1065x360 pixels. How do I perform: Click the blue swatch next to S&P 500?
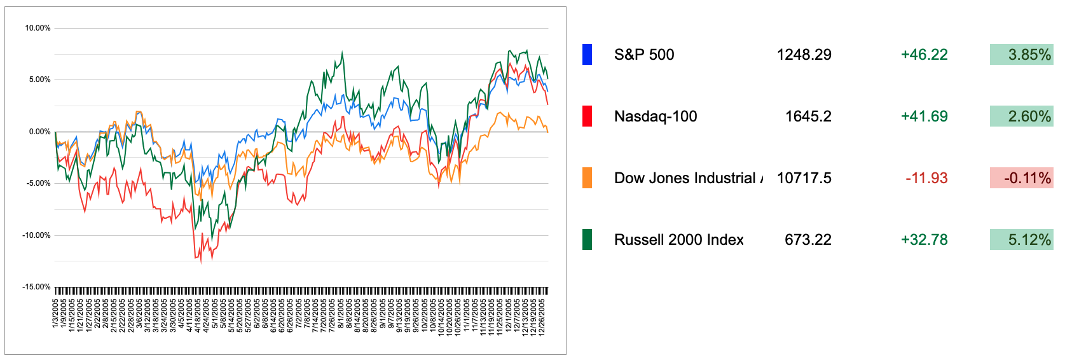[587, 55]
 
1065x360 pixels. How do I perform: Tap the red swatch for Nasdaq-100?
[587, 116]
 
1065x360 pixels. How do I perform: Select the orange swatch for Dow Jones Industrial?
[587, 178]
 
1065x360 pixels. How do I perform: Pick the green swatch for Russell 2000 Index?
[587, 240]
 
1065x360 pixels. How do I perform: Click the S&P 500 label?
[643, 55]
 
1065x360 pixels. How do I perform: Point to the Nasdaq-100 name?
[655, 116]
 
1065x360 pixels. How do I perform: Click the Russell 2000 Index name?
[678, 240]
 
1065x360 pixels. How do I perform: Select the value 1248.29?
[804, 55]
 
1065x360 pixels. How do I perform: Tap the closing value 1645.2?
[807, 116]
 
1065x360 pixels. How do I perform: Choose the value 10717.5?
[804, 178]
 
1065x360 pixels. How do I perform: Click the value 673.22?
[807, 240]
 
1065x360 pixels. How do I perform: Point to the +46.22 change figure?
[924, 55]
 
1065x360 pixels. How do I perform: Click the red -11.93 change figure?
[926, 178]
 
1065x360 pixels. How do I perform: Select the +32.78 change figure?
[924, 240]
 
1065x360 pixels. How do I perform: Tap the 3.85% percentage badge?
[1021, 55]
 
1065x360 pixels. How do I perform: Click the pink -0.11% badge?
[1021, 178]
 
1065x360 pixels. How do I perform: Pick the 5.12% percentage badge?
[1021, 240]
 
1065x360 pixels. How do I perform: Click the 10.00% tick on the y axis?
[38, 28]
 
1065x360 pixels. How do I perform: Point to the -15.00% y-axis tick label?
[36, 287]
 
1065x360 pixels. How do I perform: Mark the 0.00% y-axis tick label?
[39, 132]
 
